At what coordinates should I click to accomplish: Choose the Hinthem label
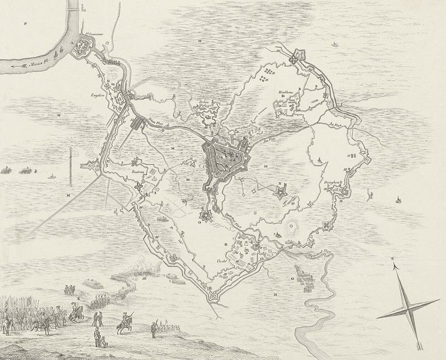[284, 93]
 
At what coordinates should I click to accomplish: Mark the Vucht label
[223, 262]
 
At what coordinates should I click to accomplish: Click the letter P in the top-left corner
[25, 23]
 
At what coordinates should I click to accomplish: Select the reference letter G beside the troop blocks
[294, 278]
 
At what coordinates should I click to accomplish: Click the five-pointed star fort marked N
[279, 192]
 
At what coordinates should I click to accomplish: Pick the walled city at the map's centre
[226, 159]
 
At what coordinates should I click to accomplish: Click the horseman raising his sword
[76, 312]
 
